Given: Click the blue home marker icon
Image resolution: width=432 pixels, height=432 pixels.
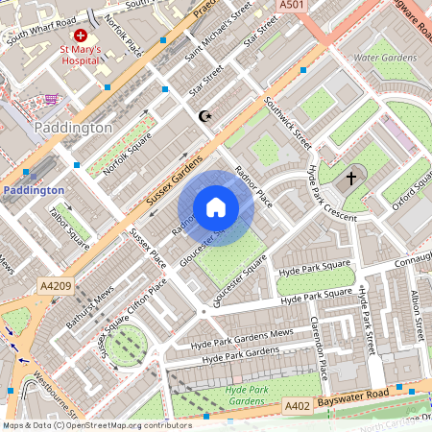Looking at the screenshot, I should point(216,206).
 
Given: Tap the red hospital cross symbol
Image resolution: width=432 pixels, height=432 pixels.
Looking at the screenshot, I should point(80,35).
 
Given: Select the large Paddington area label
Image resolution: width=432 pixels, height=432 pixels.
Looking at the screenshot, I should point(72,127).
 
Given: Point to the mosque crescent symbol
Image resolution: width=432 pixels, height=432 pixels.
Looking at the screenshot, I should point(203,116).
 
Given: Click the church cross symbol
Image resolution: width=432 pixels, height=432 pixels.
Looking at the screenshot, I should point(351,177).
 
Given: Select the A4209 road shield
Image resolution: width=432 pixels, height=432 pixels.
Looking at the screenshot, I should point(57,284).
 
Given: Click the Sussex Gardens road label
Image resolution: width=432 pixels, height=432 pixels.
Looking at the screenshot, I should point(176,179).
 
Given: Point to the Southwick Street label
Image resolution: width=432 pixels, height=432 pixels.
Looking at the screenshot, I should point(289,119).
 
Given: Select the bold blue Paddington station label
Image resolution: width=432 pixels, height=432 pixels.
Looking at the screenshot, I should point(33,190).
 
